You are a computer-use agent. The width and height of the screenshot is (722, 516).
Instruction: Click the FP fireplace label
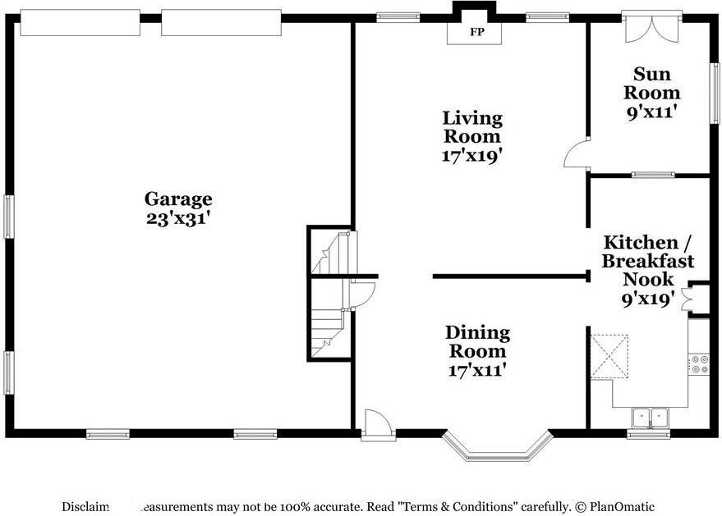475,33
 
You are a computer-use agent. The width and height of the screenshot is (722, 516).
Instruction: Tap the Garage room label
178,199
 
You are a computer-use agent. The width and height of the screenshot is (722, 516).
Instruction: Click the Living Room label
471,127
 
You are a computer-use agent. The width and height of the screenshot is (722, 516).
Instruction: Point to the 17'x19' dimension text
471,155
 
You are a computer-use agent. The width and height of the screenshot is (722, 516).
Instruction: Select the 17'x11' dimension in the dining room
477,370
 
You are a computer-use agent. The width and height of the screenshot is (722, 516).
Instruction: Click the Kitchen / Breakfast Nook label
647,261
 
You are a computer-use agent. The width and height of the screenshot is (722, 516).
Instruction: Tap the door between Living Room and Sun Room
577,153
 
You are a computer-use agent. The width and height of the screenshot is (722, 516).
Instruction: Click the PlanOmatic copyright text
616,506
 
